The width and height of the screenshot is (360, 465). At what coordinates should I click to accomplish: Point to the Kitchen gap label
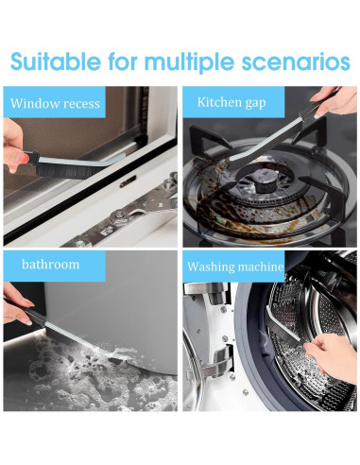(x=231, y=101)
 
